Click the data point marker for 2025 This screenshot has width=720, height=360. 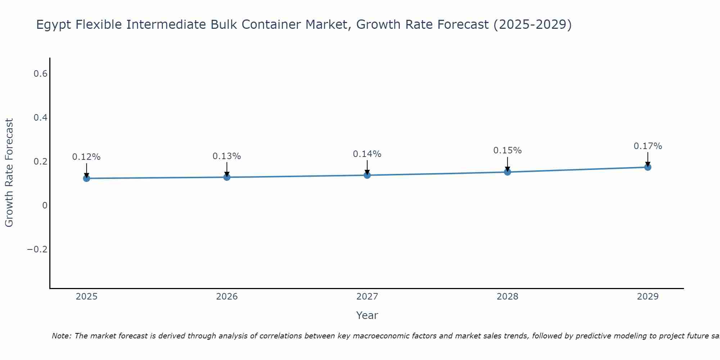(86, 178)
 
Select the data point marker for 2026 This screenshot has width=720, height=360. (227, 177)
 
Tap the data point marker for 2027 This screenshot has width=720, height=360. (367, 175)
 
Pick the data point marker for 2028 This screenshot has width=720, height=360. (507, 172)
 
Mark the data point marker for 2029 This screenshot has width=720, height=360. (648, 167)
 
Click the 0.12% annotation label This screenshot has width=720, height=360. (86, 157)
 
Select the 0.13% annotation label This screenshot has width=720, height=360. (227, 156)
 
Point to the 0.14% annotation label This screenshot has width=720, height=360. (367, 154)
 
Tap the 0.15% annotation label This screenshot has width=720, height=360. (507, 150)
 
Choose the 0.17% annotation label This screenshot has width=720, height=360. (648, 146)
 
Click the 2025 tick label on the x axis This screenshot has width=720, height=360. (86, 297)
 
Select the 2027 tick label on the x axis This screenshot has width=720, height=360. (367, 297)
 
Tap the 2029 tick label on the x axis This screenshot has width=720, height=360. (648, 297)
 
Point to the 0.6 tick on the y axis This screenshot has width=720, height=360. (40, 74)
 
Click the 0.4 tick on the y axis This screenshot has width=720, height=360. (40, 118)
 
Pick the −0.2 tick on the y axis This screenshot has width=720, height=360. (37, 249)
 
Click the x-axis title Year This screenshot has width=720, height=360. (367, 315)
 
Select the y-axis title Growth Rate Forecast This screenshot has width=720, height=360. (9, 173)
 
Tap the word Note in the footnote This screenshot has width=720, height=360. (61, 336)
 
